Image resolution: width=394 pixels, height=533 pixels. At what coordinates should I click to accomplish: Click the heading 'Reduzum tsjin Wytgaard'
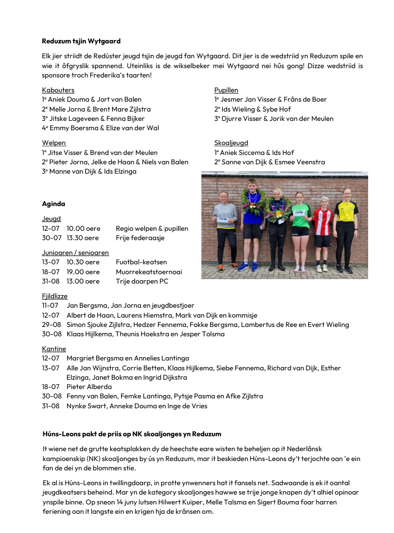tap(81, 41)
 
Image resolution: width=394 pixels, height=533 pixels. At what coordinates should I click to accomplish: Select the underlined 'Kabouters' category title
tap(58, 90)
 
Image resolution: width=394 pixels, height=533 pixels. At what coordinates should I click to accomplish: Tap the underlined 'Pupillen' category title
tap(226, 90)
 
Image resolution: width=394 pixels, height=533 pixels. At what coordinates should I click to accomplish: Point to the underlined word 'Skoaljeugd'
tap(231, 143)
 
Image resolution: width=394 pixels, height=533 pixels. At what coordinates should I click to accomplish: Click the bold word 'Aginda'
tap(53, 204)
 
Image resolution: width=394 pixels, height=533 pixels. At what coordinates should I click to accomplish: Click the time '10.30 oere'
tap(83, 262)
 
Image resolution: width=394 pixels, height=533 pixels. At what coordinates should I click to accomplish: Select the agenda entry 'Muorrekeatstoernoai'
tap(149, 271)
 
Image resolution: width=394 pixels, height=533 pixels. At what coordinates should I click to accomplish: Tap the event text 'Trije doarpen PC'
tap(142, 281)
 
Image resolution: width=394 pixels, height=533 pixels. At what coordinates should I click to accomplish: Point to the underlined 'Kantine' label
tap(54, 348)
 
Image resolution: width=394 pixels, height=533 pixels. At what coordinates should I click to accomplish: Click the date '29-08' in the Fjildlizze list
tap(51, 324)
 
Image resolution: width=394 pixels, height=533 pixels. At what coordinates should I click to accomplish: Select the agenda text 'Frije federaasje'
tap(140, 238)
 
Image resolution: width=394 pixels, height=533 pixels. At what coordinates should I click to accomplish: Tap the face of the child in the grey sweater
tap(225, 196)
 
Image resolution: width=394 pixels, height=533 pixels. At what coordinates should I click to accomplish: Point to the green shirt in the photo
tap(300, 215)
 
